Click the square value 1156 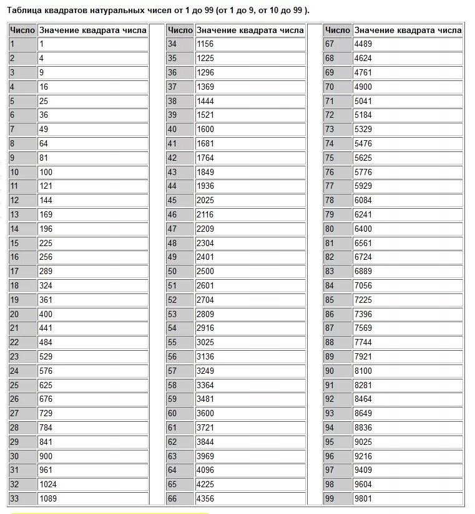pyautogui.click(x=205, y=44)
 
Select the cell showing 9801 pyautogui.click(x=363, y=498)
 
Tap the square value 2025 pyautogui.click(x=205, y=201)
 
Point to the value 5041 pyautogui.click(x=363, y=101)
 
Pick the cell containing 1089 pyautogui.click(x=48, y=498)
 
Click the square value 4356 pyautogui.click(x=205, y=498)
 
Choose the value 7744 pyautogui.click(x=363, y=342)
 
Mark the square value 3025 pyautogui.click(x=205, y=342)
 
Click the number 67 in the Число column pyautogui.click(x=330, y=44)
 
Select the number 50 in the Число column pyautogui.click(x=172, y=271)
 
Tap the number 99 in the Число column pyautogui.click(x=330, y=498)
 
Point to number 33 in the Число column pyautogui.click(x=15, y=498)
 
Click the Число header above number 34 pyautogui.click(x=180, y=30)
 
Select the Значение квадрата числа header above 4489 pyautogui.click(x=408, y=30)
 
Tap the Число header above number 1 pyautogui.click(x=22, y=30)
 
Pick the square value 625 pyautogui.click(x=46, y=385)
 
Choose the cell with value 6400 pyautogui.click(x=363, y=229)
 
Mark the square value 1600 pyautogui.click(x=205, y=130)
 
